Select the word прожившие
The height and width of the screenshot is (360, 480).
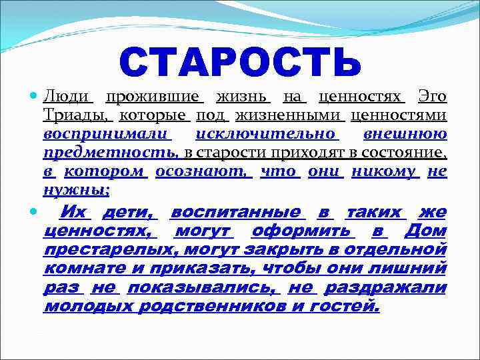point(155,98)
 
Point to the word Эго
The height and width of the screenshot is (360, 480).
point(432,98)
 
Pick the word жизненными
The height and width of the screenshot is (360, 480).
point(289,117)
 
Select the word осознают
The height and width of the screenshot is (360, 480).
point(203,173)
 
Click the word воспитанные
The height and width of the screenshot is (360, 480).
point(237,213)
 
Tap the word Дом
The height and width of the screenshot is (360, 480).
point(425,232)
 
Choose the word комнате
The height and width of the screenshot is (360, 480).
point(85,269)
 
